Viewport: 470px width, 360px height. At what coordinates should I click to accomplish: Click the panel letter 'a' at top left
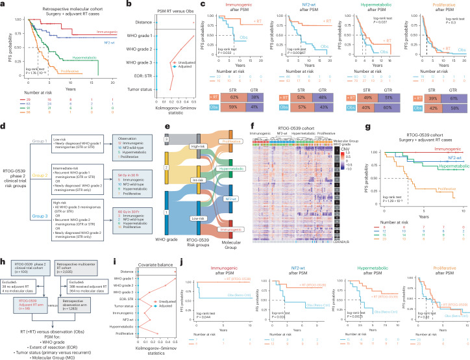click(5, 5)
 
